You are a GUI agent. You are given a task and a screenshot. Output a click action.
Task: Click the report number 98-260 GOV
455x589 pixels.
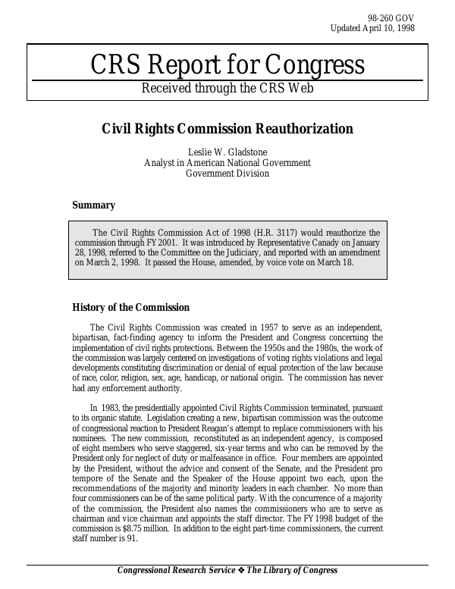pyautogui.click(x=392, y=17)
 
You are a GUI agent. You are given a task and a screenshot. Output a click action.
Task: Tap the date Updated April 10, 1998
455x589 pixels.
pyautogui.click(x=372, y=28)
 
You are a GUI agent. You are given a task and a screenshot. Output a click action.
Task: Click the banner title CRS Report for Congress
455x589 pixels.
pyautogui.click(x=227, y=65)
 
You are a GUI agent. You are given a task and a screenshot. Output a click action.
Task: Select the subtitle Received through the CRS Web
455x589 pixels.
pyautogui.click(x=227, y=89)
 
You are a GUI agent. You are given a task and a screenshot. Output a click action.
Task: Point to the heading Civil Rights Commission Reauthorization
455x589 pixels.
pyautogui.click(x=227, y=129)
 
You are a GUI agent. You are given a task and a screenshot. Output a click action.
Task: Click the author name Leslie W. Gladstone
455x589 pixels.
pyautogui.click(x=227, y=152)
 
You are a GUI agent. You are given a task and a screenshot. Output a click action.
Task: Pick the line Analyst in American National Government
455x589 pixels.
pyautogui.click(x=227, y=163)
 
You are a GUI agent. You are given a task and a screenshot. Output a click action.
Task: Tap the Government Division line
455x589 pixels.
pyautogui.click(x=227, y=174)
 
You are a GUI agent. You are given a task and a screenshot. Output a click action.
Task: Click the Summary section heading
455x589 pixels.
pyautogui.click(x=93, y=205)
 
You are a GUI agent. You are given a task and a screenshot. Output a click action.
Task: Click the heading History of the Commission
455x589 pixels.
pyautogui.click(x=130, y=307)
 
